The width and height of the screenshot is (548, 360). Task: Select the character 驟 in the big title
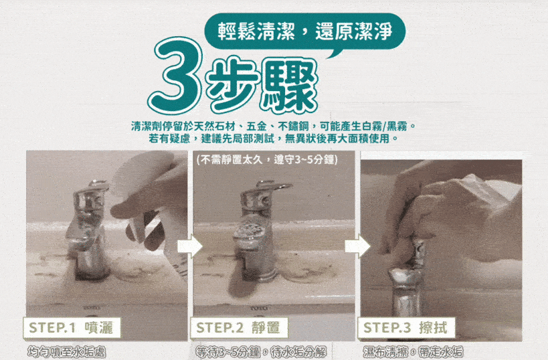coord(290,86)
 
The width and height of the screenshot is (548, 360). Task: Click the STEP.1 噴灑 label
coord(72,328)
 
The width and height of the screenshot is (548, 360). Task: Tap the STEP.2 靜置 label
coord(239,328)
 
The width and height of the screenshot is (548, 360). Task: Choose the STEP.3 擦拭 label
coord(406,328)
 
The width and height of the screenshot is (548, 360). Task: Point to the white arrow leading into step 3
coord(357,246)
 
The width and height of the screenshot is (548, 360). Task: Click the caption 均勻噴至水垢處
coord(66,352)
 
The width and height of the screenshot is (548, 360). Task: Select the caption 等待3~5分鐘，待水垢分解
coord(261,352)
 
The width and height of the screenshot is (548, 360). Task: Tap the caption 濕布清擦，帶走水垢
coord(413,352)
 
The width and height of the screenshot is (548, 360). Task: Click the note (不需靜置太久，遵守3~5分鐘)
coord(267,160)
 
